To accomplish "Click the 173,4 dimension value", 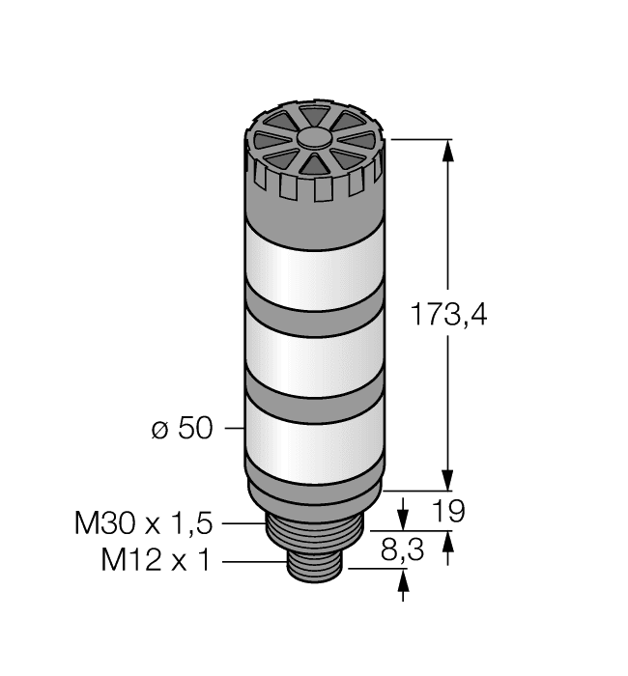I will (x=446, y=315).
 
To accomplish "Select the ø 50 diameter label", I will (x=182, y=428).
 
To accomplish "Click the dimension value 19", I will (x=445, y=512).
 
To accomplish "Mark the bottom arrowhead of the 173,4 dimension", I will (x=447, y=479).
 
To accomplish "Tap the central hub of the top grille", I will (x=313, y=139).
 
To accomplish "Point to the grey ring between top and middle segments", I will (x=313, y=317).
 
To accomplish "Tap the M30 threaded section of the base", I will (x=313, y=536).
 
